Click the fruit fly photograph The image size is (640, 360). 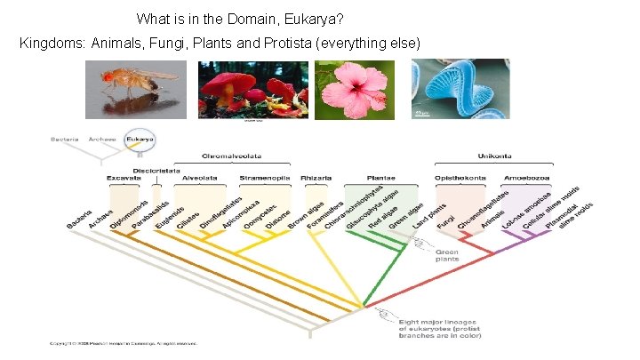point(137,89)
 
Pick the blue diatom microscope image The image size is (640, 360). point(461,89)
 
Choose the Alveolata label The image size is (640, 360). point(199,178)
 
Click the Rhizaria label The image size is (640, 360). point(316,178)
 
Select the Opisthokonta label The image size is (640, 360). point(460,178)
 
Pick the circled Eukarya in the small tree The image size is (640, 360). point(140,139)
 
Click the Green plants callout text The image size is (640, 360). point(447,256)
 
